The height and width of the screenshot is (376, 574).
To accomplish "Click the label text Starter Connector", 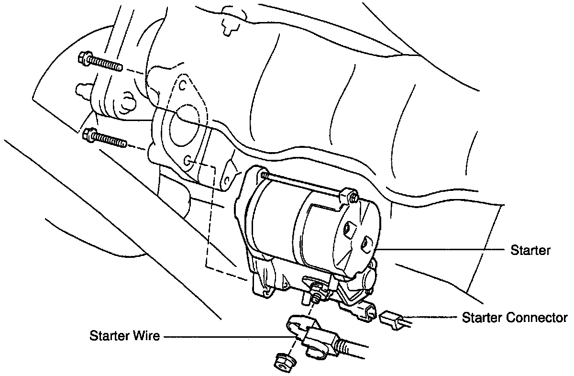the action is point(515,318).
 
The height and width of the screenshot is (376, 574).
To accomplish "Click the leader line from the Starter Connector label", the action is point(430,317).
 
